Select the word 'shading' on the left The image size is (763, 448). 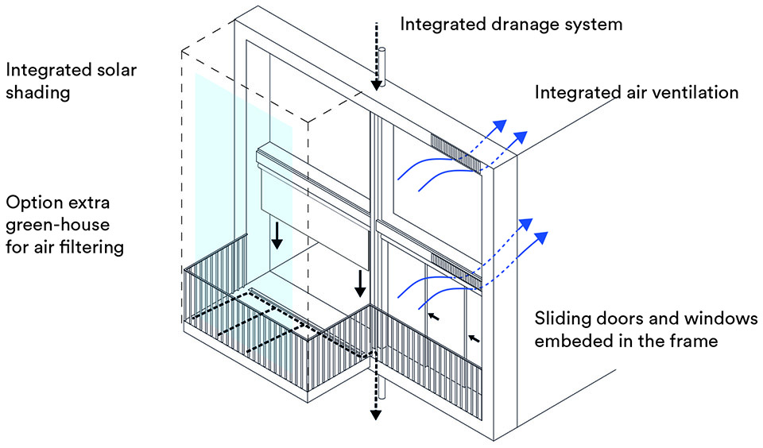[38, 92]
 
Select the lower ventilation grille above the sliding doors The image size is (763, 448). [455, 268]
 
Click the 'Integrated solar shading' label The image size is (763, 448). [71, 80]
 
